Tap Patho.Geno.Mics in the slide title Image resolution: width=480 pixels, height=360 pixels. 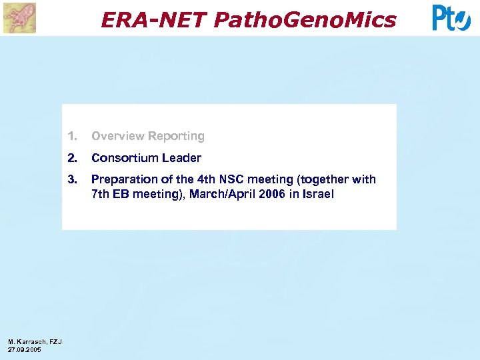[305, 20]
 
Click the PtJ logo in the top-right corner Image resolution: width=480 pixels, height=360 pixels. [451, 18]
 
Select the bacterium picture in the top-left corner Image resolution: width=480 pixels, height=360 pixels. [19, 18]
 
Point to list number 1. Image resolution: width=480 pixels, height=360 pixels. [72, 136]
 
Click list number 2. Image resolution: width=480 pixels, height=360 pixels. [72, 158]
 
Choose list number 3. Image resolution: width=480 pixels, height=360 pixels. [72, 179]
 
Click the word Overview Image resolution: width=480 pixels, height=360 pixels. [118, 136]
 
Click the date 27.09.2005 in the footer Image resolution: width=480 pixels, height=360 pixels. [24, 349]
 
